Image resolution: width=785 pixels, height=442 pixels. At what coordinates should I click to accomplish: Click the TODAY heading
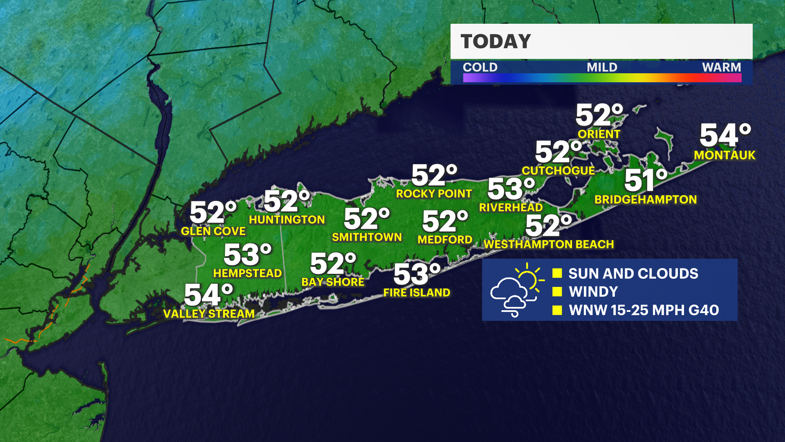point(496,41)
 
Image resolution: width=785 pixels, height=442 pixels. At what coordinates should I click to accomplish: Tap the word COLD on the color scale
point(480,67)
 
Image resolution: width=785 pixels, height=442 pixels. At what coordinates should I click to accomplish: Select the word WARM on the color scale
point(721,67)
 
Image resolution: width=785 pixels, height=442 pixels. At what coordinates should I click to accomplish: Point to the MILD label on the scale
point(602,67)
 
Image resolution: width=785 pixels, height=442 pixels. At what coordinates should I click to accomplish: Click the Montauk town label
point(724,155)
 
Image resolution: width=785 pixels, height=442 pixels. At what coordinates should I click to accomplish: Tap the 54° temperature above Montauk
point(725,135)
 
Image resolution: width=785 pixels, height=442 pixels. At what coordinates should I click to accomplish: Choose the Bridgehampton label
point(646,199)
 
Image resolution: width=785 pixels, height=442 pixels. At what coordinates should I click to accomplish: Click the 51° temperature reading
point(645,180)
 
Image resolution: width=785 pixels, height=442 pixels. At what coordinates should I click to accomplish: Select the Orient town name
point(599,134)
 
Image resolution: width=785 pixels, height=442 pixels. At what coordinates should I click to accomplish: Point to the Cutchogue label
point(558,170)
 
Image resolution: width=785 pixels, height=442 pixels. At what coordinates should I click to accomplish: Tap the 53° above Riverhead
point(511,189)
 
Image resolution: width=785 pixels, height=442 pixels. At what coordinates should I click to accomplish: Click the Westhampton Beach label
point(549,244)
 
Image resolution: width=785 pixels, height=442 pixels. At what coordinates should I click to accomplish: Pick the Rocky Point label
point(434,194)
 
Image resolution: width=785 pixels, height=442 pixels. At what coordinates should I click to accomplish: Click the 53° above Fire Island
point(416,274)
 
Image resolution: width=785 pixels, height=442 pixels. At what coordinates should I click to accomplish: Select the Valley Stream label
point(209,313)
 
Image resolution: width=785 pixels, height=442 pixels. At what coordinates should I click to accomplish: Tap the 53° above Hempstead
point(247,255)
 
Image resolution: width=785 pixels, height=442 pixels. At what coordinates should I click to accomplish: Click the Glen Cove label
point(213,231)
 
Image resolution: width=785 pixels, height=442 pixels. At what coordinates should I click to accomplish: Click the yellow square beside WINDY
point(557,291)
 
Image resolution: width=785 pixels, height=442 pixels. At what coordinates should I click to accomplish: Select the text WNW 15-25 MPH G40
point(644,310)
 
